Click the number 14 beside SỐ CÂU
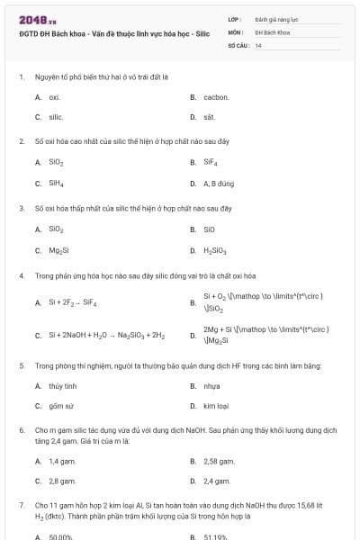pyautogui.click(x=258, y=44)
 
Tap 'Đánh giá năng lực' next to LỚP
pyautogui.click(x=274, y=18)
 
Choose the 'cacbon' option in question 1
pyautogui.click(x=216, y=97)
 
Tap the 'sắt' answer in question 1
pyautogui.click(x=209, y=117)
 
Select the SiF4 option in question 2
pyautogui.click(x=211, y=163)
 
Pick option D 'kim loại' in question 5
pyautogui.click(x=216, y=406)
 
